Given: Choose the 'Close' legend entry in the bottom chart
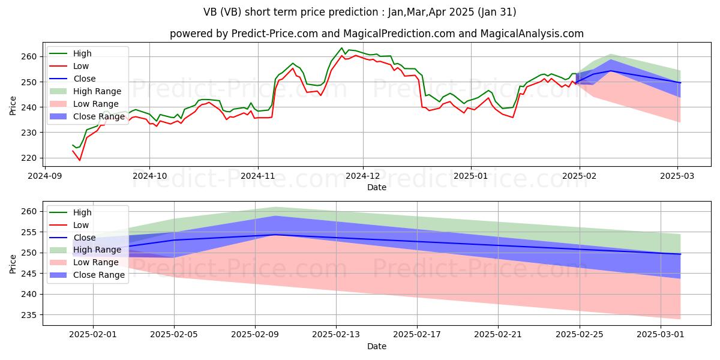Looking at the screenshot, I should [83, 238].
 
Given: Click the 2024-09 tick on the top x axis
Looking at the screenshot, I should [44, 176].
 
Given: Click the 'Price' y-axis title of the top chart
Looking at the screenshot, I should [13, 106].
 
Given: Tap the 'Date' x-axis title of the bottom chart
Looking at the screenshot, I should [376, 346].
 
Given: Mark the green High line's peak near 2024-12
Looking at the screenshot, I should [341, 48].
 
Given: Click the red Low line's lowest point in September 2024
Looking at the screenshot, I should [79, 160].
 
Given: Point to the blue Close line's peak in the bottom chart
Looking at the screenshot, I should [275, 235].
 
